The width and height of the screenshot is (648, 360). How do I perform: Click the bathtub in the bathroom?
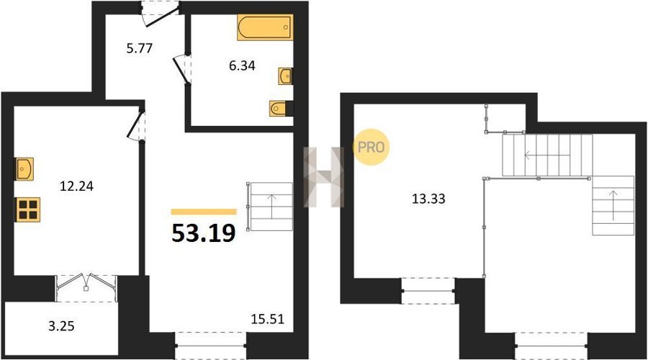pos(265,27)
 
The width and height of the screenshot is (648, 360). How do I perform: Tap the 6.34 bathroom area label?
pos(242,66)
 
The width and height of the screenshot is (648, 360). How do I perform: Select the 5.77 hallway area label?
pos(139,48)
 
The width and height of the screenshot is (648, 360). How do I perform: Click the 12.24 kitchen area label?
pos(76,186)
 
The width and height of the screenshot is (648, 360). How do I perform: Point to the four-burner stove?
pos(28,210)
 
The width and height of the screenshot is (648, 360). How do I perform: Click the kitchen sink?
pos(24,168)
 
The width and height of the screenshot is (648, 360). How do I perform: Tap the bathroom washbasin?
pos(285,76)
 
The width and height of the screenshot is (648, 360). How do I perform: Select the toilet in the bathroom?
pos(279,109)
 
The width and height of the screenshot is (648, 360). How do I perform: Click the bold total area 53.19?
pos(203,233)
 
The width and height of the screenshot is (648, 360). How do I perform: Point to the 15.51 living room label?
pos(268,319)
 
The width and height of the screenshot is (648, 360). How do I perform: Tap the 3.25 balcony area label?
pos(61,326)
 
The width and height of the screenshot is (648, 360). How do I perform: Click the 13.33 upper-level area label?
pos(428,199)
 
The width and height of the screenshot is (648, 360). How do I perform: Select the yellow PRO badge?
pos(371,147)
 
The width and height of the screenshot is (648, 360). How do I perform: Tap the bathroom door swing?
pos(181,69)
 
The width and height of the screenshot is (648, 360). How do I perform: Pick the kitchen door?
pos(135,125)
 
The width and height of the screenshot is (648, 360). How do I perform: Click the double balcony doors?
pos(86,282)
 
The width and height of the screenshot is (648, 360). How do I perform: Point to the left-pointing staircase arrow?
pos(547,156)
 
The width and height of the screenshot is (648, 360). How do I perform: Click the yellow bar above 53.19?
pos(204,212)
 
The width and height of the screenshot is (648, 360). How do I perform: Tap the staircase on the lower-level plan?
pos(269,206)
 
